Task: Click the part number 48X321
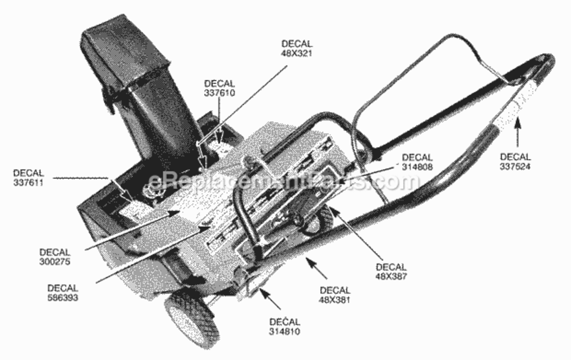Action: [x=297, y=53]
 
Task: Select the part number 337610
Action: [x=219, y=93]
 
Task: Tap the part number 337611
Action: [x=28, y=182]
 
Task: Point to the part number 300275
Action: [x=55, y=261]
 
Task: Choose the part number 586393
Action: [x=62, y=298]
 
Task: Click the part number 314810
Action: [x=285, y=331]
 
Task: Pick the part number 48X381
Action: [x=335, y=300]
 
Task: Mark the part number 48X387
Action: [x=391, y=276]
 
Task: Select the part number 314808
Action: [x=417, y=167]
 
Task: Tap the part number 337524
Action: [x=515, y=167]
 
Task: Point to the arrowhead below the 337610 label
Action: [x=219, y=138]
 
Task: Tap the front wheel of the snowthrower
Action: [x=192, y=319]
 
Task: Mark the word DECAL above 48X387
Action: [x=391, y=267]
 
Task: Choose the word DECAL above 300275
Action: [x=55, y=252]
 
